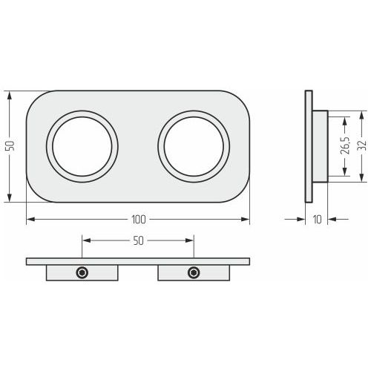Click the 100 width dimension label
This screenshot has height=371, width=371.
coord(139,220)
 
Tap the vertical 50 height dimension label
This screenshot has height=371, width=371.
coord(10,146)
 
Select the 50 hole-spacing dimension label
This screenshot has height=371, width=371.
coord(138,240)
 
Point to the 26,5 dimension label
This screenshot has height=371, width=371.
coord(345,146)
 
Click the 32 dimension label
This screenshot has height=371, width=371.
coord(362,146)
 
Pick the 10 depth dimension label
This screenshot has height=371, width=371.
coord(318,220)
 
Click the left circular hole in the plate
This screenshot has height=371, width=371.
coord(82,146)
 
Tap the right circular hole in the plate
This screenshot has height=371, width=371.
coord(194,146)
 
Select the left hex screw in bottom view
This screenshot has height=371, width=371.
coord(82,273)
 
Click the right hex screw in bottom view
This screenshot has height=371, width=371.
coord(194,273)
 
